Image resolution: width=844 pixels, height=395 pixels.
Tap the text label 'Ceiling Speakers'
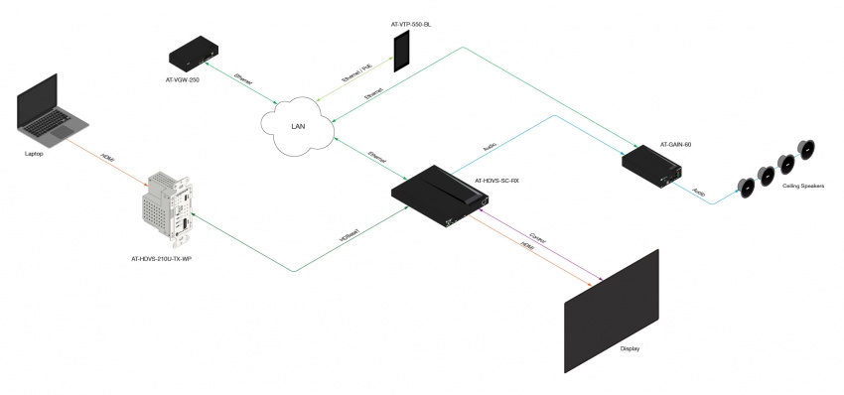pyautogui.click(x=803, y=185)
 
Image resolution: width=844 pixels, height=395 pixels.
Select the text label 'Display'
pyautogui.click(x=630, y=348)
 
